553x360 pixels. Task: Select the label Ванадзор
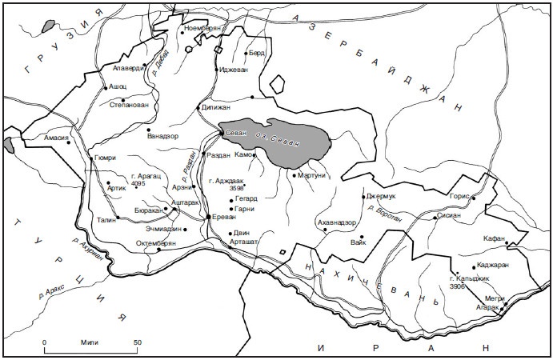click(x=166, y=135)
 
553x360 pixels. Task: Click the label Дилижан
click(x=215, y=106)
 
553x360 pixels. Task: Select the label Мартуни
click(x=314, y=177)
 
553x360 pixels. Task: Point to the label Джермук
click(x=382, y=195)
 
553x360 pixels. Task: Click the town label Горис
click(x=462, y=196)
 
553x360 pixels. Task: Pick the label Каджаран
click(x=492, y=264)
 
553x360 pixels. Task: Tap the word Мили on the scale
click(x=90, y=342)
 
